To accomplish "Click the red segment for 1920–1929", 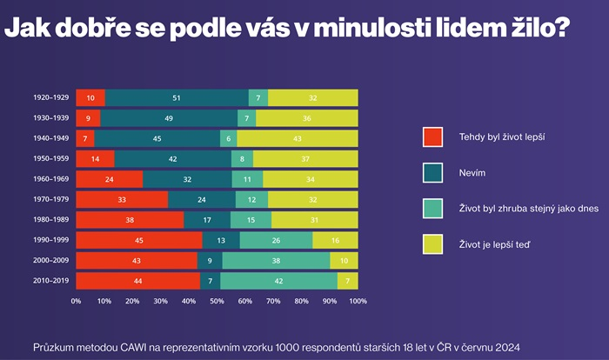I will [90, 98].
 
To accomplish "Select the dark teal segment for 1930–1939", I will [169, 118].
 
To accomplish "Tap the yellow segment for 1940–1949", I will [297, 138].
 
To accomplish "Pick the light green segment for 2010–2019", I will [278, 281].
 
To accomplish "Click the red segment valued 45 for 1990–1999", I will [139, 240].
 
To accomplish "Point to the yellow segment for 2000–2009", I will [344, 260].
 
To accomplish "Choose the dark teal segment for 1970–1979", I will [201, 199].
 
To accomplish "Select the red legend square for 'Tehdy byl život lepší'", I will [433, 137].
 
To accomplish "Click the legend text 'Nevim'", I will [472, 174].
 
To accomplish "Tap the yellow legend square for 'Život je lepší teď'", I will [433, 245].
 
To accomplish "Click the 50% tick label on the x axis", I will [217, 301].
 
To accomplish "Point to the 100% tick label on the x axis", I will [358, 301].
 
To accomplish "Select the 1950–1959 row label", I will [51, 159].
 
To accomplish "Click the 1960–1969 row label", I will [51, 179].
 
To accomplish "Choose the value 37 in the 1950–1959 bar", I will [305, 159].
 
